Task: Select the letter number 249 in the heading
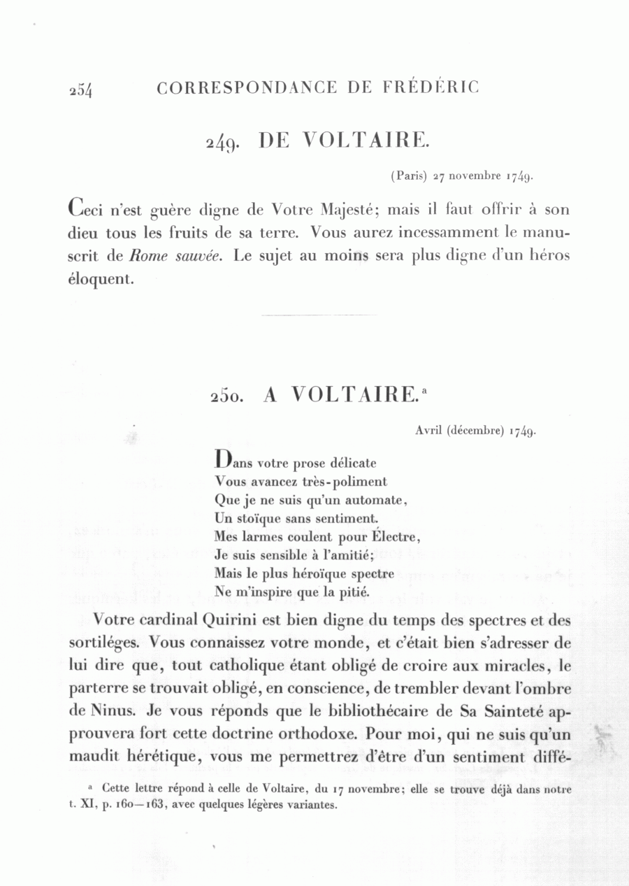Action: pos(223,143)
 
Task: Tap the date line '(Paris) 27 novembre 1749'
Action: pos(463,176)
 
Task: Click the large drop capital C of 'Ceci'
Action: pos(78,208)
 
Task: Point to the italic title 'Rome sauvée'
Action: pos(175,256)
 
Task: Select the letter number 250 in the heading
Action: pos(227,396)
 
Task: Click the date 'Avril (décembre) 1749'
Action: pos(475,431)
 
